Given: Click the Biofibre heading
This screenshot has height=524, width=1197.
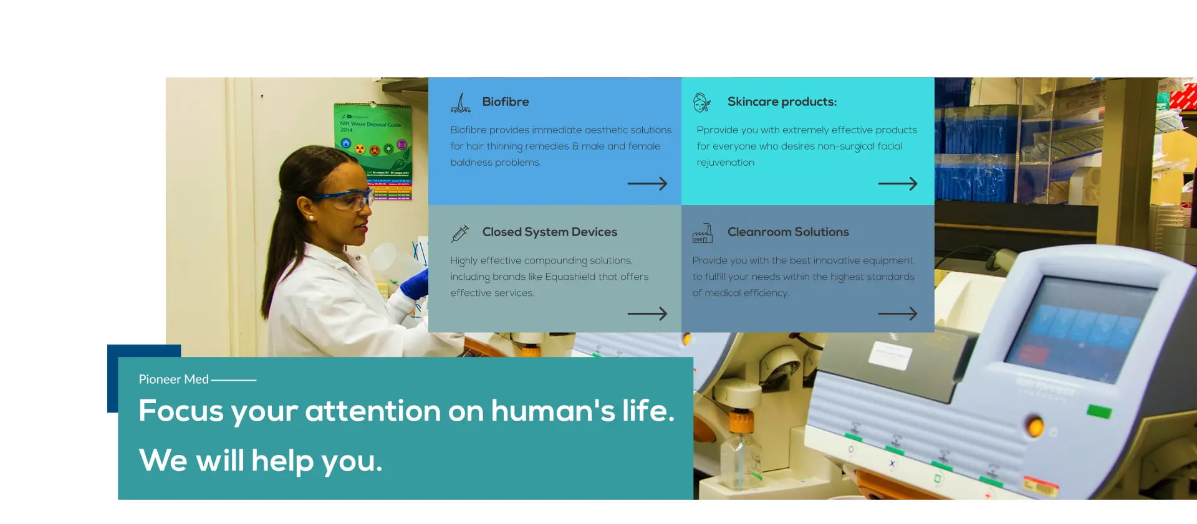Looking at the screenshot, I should pos(505,102).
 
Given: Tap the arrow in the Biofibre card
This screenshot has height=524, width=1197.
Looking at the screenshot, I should pos(647,184).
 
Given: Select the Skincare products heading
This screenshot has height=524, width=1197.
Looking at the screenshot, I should pos(782,102).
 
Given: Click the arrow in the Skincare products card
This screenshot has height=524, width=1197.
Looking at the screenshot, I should pos(897,184).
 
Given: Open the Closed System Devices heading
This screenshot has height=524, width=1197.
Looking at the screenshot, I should pos(549,232).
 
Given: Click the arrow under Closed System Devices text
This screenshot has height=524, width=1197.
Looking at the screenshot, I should pos(647,313).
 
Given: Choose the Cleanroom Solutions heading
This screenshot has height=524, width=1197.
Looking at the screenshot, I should pos(788,232).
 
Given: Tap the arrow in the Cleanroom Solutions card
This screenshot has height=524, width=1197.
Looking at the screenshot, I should pos(897,313).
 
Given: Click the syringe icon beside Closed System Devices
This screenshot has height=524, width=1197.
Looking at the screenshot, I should pos(460,234).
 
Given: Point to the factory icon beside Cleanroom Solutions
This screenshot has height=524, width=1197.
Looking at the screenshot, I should pos(702,233).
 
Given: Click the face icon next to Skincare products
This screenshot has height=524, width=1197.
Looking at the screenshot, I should pos(702,102).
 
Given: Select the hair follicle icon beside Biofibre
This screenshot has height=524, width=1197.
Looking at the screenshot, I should pos(461,103).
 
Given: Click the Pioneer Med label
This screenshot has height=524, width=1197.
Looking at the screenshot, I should pos(173,379).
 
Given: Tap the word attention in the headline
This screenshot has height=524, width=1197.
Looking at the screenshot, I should pos(373,411).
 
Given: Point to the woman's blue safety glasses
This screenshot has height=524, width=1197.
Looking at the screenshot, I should pos(346,199).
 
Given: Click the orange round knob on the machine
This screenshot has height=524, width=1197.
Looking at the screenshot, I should pos(1036,426).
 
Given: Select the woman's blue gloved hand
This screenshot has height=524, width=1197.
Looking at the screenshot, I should pos(415,283).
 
